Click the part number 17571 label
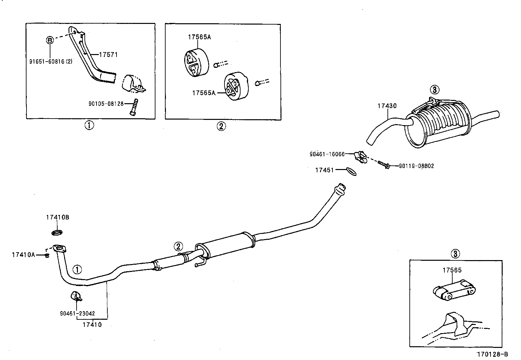(108, 55)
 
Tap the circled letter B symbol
(49, 40)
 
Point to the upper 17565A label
(199, 37)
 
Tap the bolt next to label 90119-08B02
(384, 164)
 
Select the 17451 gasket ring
(350, 171)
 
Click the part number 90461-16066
(327, 154)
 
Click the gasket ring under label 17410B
(58, 233)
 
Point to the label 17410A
(23, 255)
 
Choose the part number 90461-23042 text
(77, 313)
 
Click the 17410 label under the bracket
(92, 325)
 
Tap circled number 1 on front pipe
(77, 270)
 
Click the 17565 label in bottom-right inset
(452, 270)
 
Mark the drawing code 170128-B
(492, 354)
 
